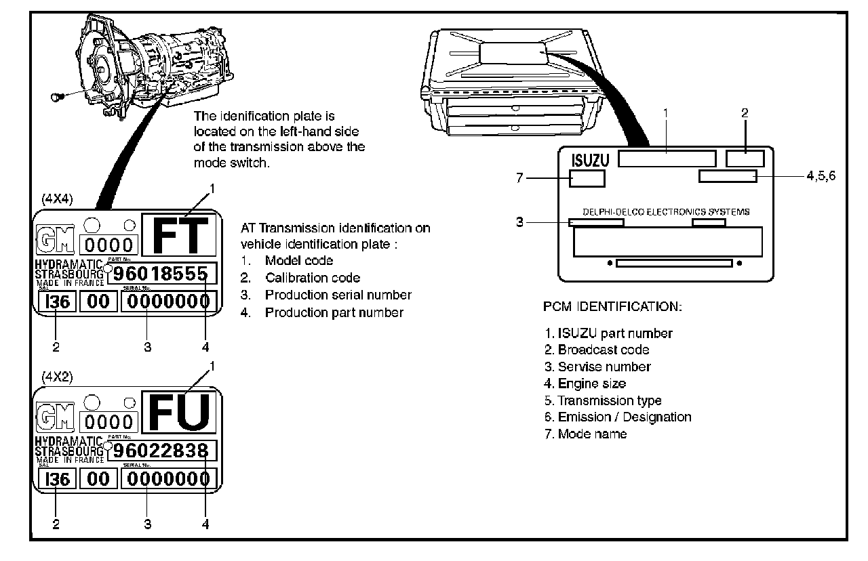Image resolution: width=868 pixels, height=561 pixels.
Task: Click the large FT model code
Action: pyautogui.click(x=179, y=234)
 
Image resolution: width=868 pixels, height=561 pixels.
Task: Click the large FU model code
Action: pyautogui.click(x=179, y=413)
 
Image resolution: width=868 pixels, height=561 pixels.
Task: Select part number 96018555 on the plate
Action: pyautogui.click(x=162, y=274)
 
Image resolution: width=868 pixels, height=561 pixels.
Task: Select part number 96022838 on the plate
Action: pyautogui.click(x=162, y=451)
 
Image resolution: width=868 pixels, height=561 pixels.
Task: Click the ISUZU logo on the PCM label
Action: pyautogui.click(x=589, y=160)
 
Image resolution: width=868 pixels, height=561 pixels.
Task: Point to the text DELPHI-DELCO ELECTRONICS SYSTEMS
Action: pyautogui.click(x=666, y=212)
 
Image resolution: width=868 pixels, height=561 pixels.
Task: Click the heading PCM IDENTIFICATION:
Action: pyautogui.click(x=612, y=307)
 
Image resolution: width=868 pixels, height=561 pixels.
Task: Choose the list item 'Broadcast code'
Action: pyautogui.click(x=603, y=350)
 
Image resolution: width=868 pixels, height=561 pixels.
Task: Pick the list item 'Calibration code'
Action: pyautogui.click(x=312, y=278)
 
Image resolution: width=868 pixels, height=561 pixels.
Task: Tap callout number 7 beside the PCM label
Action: pyautogui.click(x=521, y=178)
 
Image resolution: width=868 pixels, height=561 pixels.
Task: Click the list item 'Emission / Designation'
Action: pyautogui.click(x=624, y=417)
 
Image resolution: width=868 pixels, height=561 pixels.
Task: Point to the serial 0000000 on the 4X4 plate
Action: pyautogui.click(x=168, y=302)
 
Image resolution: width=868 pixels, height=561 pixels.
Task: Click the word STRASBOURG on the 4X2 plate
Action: pyautogui.click(x=69, y=451)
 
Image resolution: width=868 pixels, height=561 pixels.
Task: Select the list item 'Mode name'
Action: pyautogui.click(x=592, y=434)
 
